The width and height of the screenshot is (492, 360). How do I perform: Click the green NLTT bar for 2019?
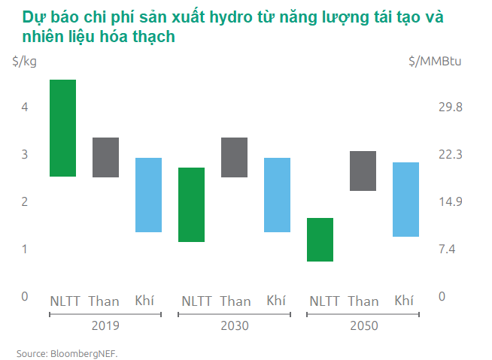(62, 128)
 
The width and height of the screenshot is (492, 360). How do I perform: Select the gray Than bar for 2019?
(105, 157)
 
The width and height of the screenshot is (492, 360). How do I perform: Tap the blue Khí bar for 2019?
(148, 195)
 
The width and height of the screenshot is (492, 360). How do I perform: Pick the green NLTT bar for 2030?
(192, 204)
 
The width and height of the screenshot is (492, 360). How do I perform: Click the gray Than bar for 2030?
(235, 157)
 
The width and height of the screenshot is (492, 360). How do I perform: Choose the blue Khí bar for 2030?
(277, 195)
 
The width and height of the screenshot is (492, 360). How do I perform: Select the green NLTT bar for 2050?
(320, 240)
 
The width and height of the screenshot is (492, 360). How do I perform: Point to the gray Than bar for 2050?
(363, 171)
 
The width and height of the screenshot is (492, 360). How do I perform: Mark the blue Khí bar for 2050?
(405, 199)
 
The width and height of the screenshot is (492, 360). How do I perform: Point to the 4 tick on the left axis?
(24, 107)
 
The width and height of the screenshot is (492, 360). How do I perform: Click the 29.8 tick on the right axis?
(450, 107)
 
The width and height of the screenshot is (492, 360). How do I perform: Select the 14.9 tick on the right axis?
(450, 202)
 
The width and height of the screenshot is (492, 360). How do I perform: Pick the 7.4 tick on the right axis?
(448, 250)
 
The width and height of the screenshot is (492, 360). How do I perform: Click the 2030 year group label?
(235, 326)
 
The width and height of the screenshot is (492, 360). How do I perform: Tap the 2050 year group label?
(363, 326)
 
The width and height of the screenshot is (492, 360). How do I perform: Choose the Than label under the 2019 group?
(104, 301)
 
